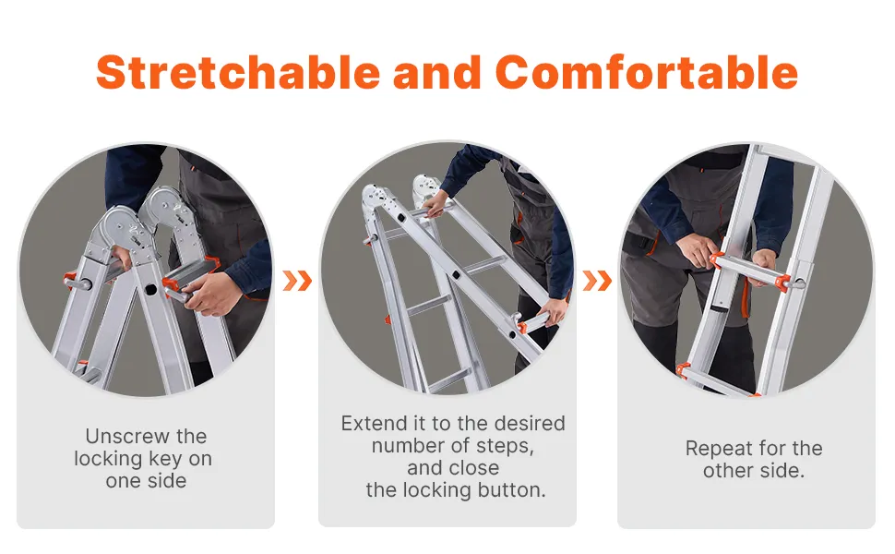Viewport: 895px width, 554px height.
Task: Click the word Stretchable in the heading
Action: pyautogui.click(x=238, y=73)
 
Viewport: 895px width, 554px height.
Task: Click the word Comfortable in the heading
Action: pyautogui.click(x=646, y=73)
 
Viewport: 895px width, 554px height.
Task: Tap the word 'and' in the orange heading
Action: pyautogui.click(x=437, y=73)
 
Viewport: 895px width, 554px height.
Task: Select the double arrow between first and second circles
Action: pyautogui.click(x=297, y=281)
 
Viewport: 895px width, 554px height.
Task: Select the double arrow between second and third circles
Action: pyautogui.click(x=597, y=281)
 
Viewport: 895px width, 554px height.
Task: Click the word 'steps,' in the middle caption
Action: pyautogui.click(x=506, y=446)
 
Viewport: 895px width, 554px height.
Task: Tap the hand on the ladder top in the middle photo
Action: pyautogui.click(x=436, y=204)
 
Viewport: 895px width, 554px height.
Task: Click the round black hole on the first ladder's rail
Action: pyautogui.click(x=150, y=289)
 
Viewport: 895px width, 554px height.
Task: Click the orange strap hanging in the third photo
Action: pyautogui.click(x=745, y=298)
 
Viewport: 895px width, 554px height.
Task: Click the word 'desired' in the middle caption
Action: pyautogui.click(x=529, y=423)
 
